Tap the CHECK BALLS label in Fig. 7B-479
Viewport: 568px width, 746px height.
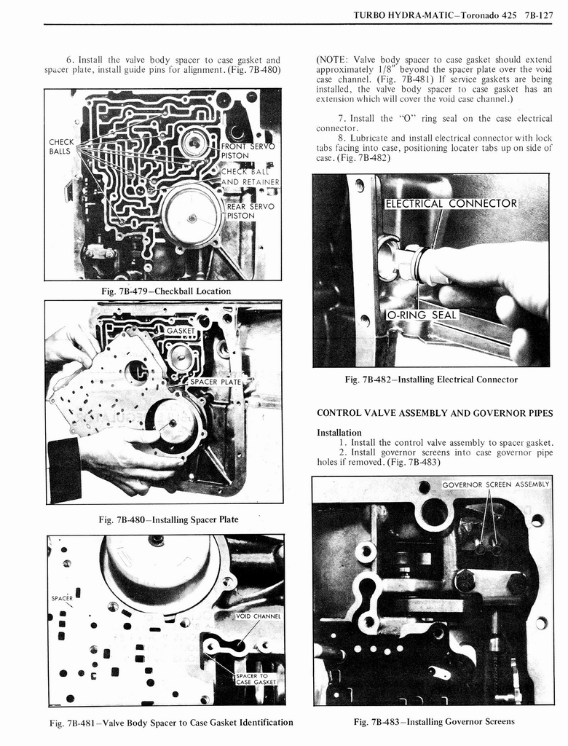click(60, 146)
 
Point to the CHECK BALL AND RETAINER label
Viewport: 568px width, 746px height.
click(250, 177)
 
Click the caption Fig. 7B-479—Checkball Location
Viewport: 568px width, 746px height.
click(165, 291)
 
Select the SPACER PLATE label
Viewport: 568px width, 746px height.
click(215, 382)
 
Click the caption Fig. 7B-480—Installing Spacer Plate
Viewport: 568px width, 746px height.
click(168, 519)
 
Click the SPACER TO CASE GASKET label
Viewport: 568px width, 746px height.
click(256, 679)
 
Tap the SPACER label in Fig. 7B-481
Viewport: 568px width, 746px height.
click(61, 598)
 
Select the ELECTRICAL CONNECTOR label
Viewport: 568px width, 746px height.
click(451, 203)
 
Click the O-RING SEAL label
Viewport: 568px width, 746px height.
click(422, 315)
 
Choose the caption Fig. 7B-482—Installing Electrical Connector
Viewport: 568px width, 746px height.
click(431, 380)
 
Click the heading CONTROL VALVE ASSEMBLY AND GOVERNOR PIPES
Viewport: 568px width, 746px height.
click(435, 413)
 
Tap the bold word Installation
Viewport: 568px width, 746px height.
click(339, 432)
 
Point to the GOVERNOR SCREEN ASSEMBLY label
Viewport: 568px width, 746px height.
click(495, 484)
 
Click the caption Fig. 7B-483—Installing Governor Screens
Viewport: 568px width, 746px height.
click(433, 722)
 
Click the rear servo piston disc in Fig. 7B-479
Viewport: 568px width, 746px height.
click(192, 216)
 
